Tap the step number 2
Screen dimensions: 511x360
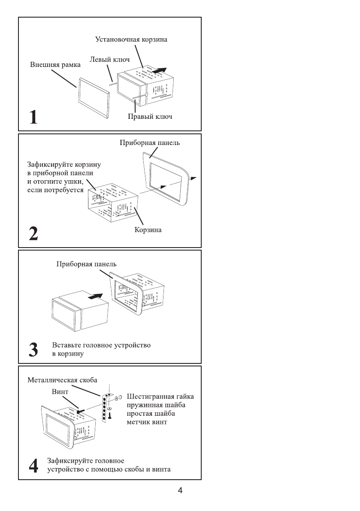(33, 234)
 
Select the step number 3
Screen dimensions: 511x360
(33, 350)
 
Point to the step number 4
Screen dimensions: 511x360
(33, 465)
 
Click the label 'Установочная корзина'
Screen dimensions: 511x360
(131, 39)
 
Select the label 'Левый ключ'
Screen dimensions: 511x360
(109, 60)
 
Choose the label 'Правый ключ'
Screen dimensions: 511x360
(150, 116)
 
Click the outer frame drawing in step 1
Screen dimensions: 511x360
(93, 97)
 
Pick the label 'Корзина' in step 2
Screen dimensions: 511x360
(148, 230)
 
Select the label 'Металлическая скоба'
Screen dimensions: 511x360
(62, 380)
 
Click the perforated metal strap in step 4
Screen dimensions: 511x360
(104, 409)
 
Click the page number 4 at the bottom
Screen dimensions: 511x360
(180, 491)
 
